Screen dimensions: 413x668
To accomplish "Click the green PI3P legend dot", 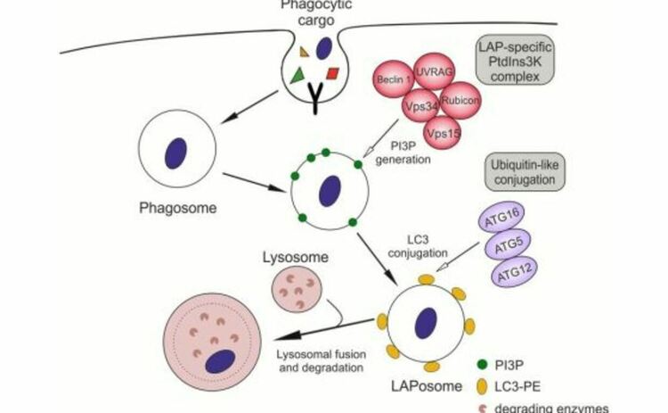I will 482,365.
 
